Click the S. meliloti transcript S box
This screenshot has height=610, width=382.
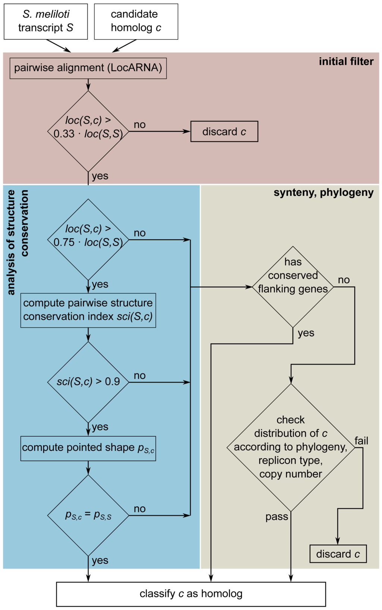pos(46,21)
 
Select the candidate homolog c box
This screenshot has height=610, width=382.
pos(136,21)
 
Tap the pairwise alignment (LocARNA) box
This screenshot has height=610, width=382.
pos(88,68)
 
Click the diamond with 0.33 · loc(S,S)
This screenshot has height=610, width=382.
pos(88,131)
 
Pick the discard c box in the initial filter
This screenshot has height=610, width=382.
pos(224,132)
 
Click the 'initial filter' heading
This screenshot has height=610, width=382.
pos(346,61)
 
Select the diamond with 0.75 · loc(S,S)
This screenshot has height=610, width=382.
pos(88,239)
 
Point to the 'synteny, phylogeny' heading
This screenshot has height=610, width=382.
pos(323,193)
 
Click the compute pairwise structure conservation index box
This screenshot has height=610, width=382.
pos(88,310)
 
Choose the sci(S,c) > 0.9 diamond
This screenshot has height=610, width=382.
pos(88,382)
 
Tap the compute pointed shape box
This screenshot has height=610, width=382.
pos(88,448)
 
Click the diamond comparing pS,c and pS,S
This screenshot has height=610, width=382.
pos(88,515)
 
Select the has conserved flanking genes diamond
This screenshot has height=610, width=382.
pos(293,287)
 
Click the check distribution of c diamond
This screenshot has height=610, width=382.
pos(291,447)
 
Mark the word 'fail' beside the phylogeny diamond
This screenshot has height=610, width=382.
pos(361,441)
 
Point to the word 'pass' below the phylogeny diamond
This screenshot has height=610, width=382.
pos(277,517)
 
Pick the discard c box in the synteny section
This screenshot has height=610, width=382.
pos(338,554)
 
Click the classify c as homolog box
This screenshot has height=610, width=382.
pos(191,594)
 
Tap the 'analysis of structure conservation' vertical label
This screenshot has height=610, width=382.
pos(18,242)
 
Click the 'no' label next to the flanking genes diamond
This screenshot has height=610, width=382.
pos(344,280)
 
